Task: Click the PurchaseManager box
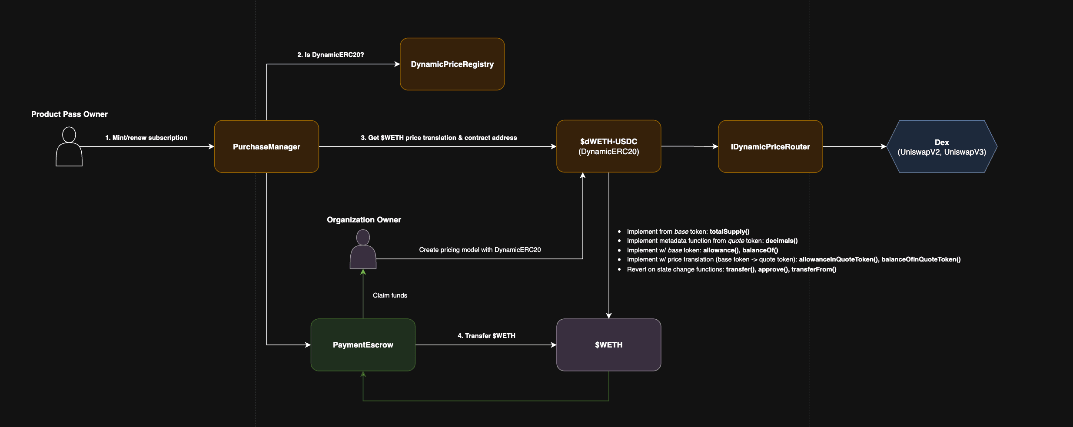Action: pyautogui.click(x=266, y=146)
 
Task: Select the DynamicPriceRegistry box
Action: pyautogui.click(x=452, y=64)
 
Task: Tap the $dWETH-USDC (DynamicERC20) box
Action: pyautogui.click(x=608, y=146)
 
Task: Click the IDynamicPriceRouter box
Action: pyautogui.click(x=770, y=146)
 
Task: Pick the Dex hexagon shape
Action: pyautogui.click(x=941, y=147)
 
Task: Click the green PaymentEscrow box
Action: pyautogui.click(x=363, y=345)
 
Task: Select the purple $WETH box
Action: pyautogui.click(x=608, y=345)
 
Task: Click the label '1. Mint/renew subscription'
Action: pyautogui.click(x=146, y=138)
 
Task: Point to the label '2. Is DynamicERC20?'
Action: pyautogui.click(x=330, y=55)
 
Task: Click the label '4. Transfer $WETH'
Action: pyautogui.click(x=486, y=336)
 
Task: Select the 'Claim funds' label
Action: pyautogui.click(x=390, y=295)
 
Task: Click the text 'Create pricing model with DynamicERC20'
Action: pyautogui.click(x=480, y=250)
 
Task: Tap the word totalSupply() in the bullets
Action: pyautogui.click(x=729, y=232)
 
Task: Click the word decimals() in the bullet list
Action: pyautogui.click(x=781, y=241)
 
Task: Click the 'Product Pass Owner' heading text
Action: pyautogui.click(x=69, y=114)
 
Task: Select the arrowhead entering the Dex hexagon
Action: pyautogui.click(x=884, y=146)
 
